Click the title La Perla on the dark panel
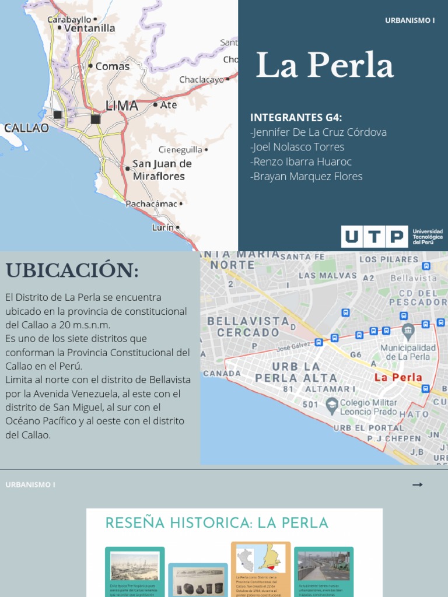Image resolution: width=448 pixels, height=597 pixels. (x=324, y=65)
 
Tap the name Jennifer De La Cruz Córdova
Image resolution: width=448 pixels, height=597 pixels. (x=318, y=132)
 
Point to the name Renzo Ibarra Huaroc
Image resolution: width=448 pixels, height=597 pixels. (x=301, y=161)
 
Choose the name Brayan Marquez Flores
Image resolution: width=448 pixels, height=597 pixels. (x=306, y=176)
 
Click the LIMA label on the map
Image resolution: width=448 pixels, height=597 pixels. (x=121, y=106)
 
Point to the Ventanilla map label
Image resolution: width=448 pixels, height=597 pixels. (x=89, y=28)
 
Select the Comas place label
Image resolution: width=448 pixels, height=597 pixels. (x=112, y=66)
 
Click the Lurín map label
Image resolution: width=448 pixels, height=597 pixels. (x=163, y=228)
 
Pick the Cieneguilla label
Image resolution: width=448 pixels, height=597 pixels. (x=181, y=150)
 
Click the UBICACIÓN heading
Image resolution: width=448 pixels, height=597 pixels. (x=72, y=271)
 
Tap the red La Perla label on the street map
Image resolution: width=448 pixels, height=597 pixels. (x=398, y=377)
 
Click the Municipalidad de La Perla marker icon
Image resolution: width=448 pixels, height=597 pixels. (x=408, y=330)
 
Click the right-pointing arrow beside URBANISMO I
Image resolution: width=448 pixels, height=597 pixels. (x=417, y=484)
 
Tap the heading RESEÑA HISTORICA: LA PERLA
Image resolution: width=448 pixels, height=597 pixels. (x=216, y=523)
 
